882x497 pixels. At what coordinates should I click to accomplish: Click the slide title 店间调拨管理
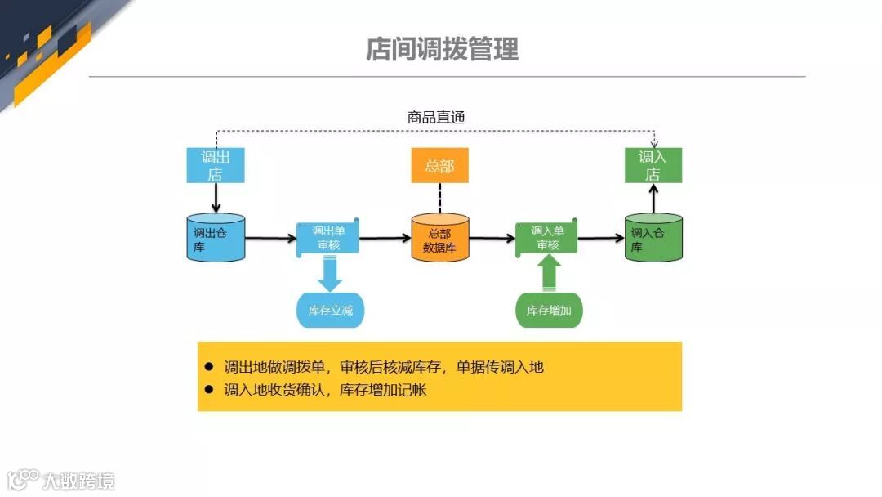pyautogui.click(x=442, y=50)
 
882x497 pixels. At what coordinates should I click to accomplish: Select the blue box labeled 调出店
pyautogui.click(x=216, y=165)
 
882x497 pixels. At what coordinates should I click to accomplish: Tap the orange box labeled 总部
pyautogui.click(x=439, y=166)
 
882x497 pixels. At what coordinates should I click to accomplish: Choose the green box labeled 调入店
pyautogui.click(x=653, y=165)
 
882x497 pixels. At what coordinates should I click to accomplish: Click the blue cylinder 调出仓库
pyautogui.click(x=216, y=238)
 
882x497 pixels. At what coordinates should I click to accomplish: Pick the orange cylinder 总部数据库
pyautogui.click(x=439, y=239)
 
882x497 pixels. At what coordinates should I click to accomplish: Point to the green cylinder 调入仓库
pyautogui.click(x=653, y=238)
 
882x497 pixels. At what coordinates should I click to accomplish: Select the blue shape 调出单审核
pyautogui.click(x=327, y=238)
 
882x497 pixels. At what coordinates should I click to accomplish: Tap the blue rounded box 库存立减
pyautogui.click(x=329, y=311)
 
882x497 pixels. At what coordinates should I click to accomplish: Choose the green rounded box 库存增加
pyautogui.click(x=549, y=311)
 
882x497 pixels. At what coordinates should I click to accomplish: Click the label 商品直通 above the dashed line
pyautogui.click(x=436, y=117)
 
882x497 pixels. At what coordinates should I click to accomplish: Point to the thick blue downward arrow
pyautogui.click(x=330, y=274)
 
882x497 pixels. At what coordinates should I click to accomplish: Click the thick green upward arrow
pyautogui.click(x=549, y=274)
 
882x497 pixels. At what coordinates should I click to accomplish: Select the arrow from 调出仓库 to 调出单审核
pyautogui.click(x=270, y=239)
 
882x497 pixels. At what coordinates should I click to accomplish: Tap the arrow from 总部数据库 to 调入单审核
pyautogui.click(x=492, y=239)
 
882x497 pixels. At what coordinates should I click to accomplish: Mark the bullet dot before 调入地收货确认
pyautogui.click(x=208, y=390)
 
